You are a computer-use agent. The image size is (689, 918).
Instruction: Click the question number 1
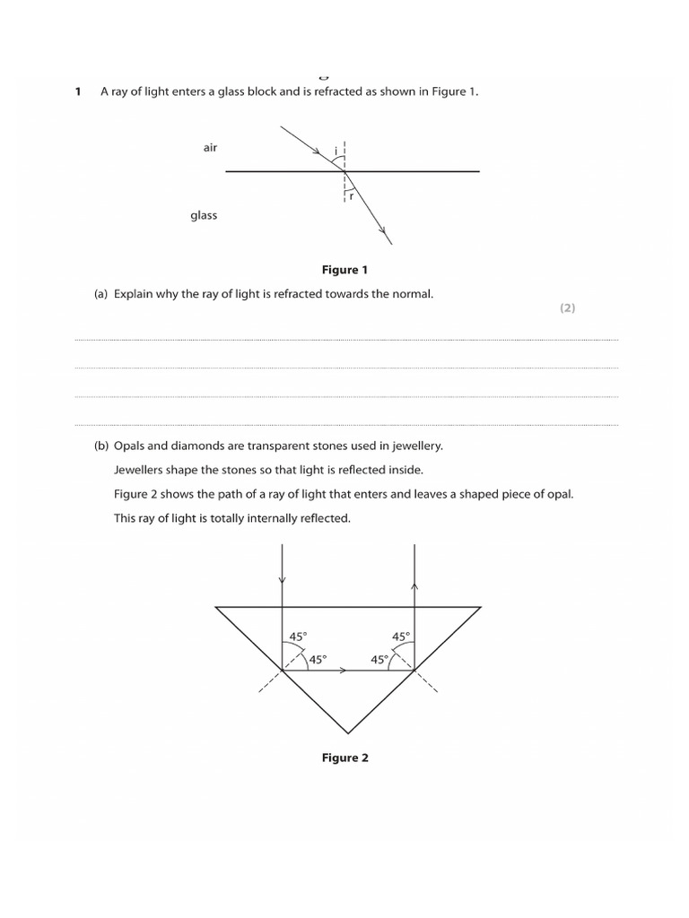click(x=78, y=91)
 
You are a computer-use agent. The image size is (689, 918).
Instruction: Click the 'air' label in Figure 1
click(x=210, y=147)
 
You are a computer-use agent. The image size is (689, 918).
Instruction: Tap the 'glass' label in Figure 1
click(x=204, y=215)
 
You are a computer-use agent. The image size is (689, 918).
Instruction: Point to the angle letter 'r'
click(x=351, y=195)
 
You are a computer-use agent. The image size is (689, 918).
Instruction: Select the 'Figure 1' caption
click(x=344, y=270)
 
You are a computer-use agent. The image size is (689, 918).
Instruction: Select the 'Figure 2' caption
click(x=344, y=758)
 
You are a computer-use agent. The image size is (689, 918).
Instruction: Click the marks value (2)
click(x=567, y=307)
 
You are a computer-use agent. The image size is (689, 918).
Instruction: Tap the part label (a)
click(x=101, y=294)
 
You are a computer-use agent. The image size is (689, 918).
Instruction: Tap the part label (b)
click(x=101, y=446)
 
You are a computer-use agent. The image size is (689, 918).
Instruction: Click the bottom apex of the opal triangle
click(x=347, y=732)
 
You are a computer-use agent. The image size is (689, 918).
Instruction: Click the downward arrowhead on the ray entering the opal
click(x=283, y=580)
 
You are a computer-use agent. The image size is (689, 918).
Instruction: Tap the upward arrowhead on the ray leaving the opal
click(x=414, y=585)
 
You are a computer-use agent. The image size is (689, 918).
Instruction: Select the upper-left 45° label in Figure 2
click(x=298, y=637)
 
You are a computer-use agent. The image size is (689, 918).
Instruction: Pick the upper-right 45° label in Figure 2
click(x=401, y=637)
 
